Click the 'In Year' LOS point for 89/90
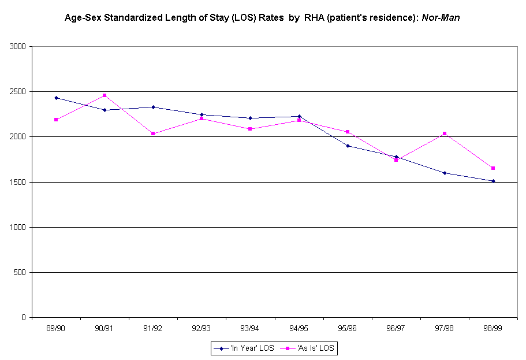56,98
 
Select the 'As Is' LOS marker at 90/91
105,95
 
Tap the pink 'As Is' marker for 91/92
153,133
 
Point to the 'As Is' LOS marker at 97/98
445,133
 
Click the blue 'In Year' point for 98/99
493,181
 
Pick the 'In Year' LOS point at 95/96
348,146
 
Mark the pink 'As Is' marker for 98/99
493,168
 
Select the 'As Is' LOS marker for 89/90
56,120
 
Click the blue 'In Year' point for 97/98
445,173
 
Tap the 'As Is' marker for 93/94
250,129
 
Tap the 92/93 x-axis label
202,328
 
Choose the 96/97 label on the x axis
396,328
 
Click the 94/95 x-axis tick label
299,328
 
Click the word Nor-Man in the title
441,18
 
